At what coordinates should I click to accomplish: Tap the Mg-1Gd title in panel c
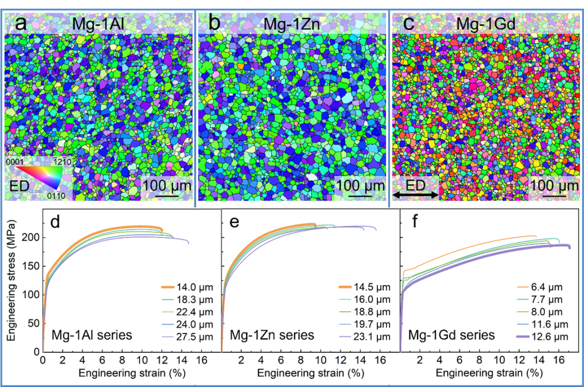click(485, 24)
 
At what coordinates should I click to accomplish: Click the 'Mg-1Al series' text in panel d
click(91, 335)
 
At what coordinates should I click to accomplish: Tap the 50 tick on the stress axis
click(34, 323)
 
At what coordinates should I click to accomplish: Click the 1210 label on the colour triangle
click(64, 161)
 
